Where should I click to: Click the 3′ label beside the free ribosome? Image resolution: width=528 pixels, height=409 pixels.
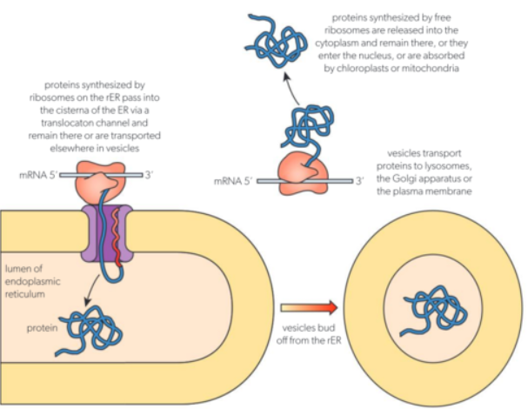(359, 181)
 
